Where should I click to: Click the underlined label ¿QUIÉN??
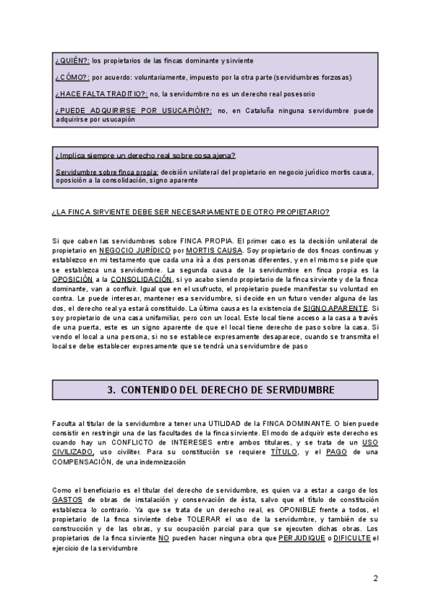[x=70, y=60]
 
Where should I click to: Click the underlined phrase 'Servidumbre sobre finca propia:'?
[x=106, y=173]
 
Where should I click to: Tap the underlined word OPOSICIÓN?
[x=73, y=278]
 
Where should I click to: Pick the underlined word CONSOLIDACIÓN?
[x=142, y=278]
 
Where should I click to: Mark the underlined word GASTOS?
[x=66, y=499]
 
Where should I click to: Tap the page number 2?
[x=376, y=579]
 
